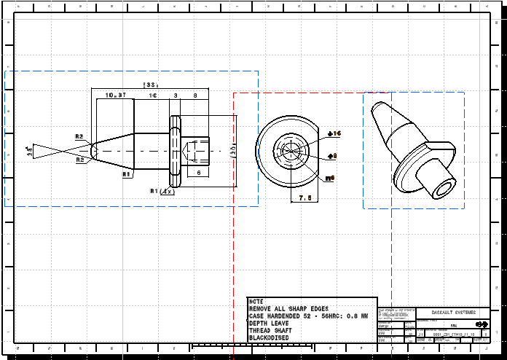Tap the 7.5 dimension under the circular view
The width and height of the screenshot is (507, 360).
pos(305,197)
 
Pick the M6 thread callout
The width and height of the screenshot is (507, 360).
pos(330,177)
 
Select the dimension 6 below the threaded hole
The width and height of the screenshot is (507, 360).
pos(199,172)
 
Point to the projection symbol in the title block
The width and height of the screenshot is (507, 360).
pos(480,324)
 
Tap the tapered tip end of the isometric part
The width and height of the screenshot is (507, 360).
pos(377,108)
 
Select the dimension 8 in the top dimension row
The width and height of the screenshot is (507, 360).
pos(195,95)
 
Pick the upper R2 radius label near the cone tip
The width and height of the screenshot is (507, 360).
pos(79,136)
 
